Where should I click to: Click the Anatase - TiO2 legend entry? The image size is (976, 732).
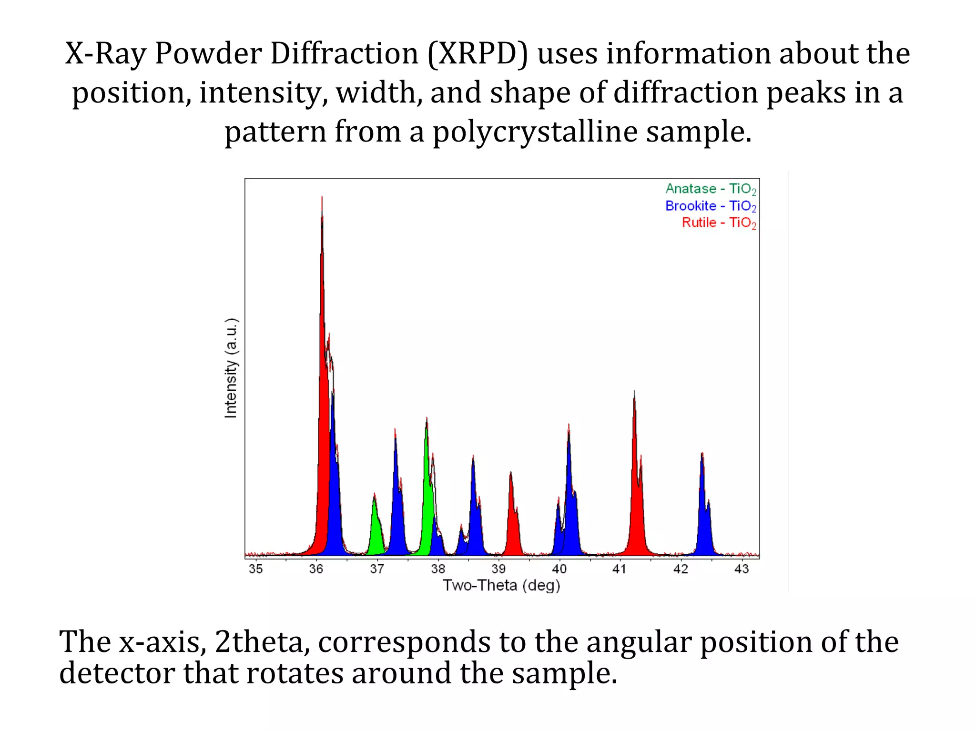pyautogui.click(x=710, y=189)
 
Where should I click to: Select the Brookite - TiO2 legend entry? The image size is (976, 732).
pyautogui.click(x=710, y=206)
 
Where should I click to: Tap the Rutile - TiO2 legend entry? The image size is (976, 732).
pyautogui.click(x=718, y=223)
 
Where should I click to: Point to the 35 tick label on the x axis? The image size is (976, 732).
pyautogui.click(x=255, y=569)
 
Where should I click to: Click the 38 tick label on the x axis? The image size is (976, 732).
pyautogui.click(x=438, y=569)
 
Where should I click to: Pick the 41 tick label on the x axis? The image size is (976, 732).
pyautogui.click(x=620, y=569)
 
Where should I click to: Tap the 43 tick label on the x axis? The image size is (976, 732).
pyautogui.click(x=742, y=569)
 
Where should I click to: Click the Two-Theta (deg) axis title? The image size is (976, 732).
pyautogui.click(x=501, y=586)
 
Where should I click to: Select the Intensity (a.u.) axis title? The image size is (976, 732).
pyautogui.click(x=231, y=368)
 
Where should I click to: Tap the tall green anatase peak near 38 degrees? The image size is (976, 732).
pyautogui.click(x=427, y=477)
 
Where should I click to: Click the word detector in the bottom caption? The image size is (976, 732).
pyautogui.click(x=117, y=673)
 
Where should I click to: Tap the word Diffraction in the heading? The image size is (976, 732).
pyautogui.click(x=344, y=53)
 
